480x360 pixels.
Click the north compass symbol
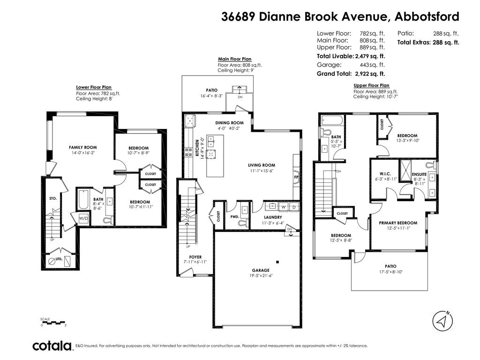click(443, 321)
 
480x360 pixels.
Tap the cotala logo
click(52, 346)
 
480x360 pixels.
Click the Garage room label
click(261, 270)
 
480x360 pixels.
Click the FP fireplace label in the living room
click(296, 178)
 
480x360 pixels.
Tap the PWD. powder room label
click(235, 217)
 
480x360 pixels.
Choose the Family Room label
click(82, 147)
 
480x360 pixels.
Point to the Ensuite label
click(420, 174)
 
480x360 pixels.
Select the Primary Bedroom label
click(398, 223)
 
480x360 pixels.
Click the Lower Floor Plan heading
click(94, 87)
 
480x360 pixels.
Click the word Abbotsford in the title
click(427, 17)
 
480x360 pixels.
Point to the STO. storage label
click(53, 198)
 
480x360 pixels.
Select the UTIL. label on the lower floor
click(59, 259)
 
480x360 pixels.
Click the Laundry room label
click(272, 217)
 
